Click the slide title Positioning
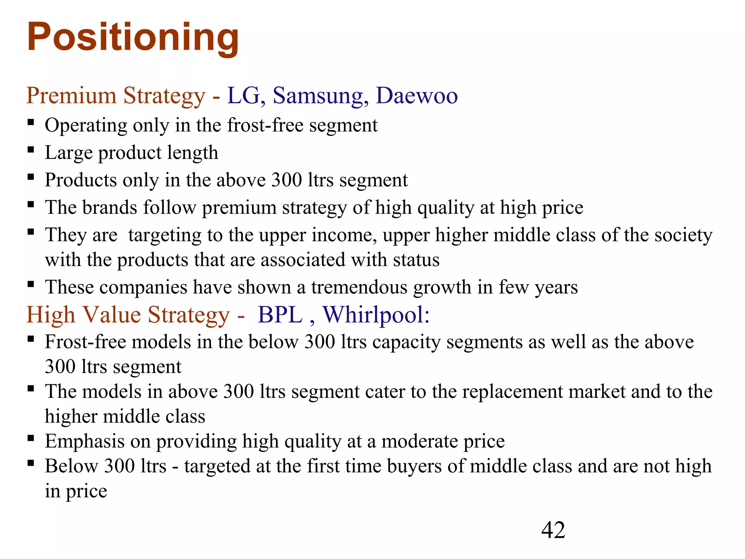133,37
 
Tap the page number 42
553,530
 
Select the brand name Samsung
318,96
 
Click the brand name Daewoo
417,96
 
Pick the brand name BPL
280,315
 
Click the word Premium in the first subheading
71,96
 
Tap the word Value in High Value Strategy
111,315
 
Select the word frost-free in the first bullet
265,126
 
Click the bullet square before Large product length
31,149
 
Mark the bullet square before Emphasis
31,438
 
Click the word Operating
86,126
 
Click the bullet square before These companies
31,284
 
